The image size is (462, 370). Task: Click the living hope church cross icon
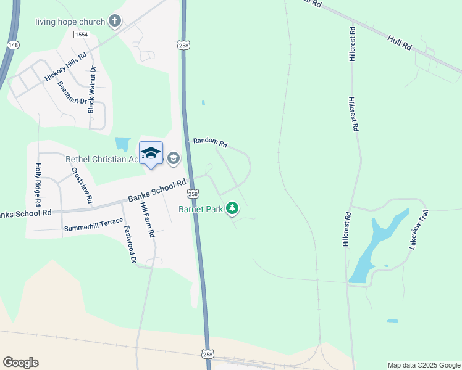114,22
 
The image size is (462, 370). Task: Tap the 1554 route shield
81,35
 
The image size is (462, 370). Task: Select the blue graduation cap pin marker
151,154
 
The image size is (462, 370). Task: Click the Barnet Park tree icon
232,210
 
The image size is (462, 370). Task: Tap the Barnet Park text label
200,210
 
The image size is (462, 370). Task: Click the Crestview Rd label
82,186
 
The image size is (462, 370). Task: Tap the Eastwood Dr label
128,244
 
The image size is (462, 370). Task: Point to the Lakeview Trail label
418,229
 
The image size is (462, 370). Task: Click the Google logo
20,363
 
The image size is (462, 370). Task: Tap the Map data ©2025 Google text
424,365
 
